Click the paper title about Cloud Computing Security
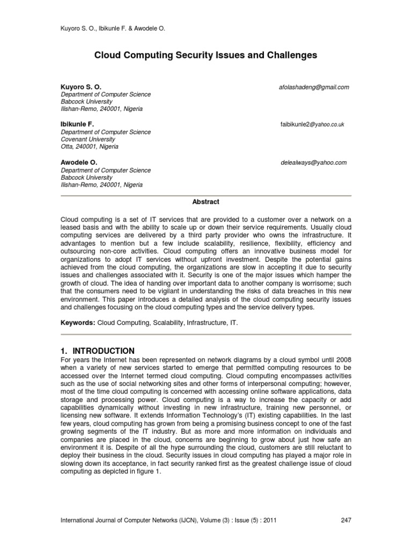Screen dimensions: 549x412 click(206, 55)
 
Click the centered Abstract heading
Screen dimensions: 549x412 click(206, 202)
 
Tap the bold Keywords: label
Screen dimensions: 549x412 click(77, 324)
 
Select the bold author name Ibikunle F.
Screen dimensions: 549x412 click(77, 124)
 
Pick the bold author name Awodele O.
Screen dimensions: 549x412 click(79, 162)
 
